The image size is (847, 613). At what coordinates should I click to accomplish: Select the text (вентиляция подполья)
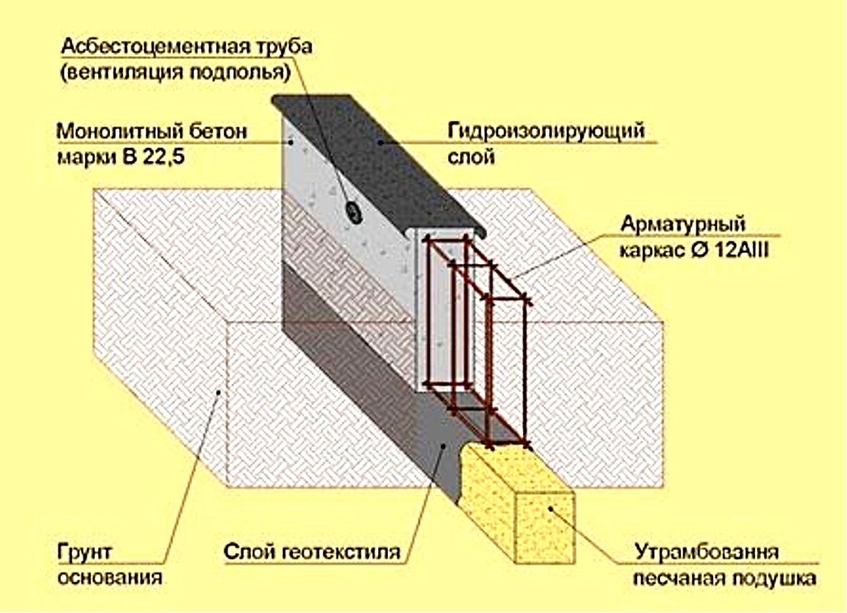tap(175, 72)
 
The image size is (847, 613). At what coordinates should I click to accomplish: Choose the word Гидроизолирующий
tap(546, 132)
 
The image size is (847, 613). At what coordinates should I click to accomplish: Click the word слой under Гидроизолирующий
tap(471, 156)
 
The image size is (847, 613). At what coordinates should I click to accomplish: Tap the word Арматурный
tap(682, 223)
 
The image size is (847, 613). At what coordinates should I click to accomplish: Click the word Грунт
tap(84, 552)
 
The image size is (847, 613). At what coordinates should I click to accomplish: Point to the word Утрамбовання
tap(706, 553)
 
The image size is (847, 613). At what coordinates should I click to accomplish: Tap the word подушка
tap(774, 578)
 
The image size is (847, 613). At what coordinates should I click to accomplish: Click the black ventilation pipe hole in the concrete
tap(354, 213)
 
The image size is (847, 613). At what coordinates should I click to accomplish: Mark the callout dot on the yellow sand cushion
tap(550, 508)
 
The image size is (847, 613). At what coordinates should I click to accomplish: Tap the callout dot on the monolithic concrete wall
tap(291, 142)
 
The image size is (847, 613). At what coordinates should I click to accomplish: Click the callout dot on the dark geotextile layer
tap(443, 446)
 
